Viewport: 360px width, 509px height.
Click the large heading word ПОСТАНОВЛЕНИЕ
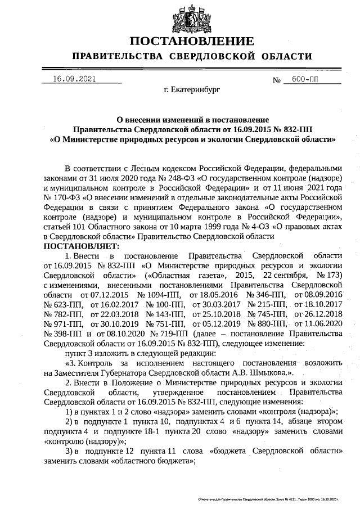coord(192,42)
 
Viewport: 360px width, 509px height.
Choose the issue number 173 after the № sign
coord(332,275)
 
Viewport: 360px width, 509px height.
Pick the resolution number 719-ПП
coord(159,334)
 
